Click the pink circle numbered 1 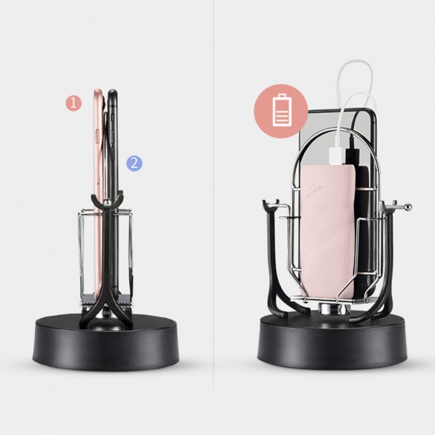pyautogui.click(x=74, y=103)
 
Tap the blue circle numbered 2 pyautogui.click(x=135, y=163)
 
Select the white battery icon pyautogui.click(x=282, y=110)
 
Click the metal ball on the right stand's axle pyautogui.click(x=408, y=207)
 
